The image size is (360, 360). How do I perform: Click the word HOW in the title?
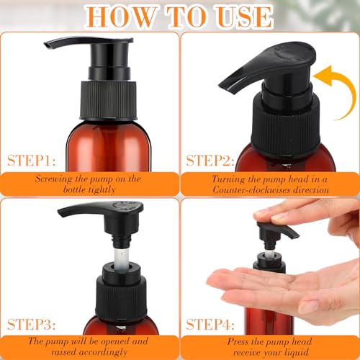114,16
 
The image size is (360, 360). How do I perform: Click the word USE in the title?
243,16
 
